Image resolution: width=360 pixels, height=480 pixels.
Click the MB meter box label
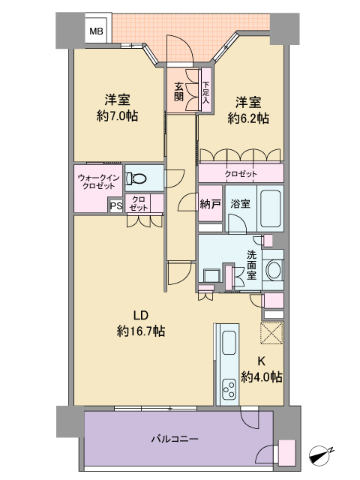tap(96, 31)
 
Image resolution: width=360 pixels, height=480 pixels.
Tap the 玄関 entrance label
tap(178, 91)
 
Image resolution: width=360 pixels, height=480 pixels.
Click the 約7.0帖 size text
tap(117, 116)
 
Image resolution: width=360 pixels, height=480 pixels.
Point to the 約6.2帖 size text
tap(248, 118)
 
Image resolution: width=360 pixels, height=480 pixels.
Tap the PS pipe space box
tap(116, 205)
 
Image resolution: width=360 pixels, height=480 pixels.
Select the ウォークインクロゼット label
tap(98, 181)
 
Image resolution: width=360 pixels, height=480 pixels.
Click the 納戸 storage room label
tap(210, 204)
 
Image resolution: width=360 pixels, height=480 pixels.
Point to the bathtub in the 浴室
tap(271, 208)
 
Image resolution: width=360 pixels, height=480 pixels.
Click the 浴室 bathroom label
tap(241, 204)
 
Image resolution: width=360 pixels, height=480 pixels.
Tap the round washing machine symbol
tap(273, 270)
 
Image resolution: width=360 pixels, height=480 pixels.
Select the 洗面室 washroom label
tap(252, 265)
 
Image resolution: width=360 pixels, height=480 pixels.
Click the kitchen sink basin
tap(228, 343)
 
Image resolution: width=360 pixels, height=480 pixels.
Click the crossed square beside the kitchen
tap(271, 333)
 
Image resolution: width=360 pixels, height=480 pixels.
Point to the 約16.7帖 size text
tap(141, 331)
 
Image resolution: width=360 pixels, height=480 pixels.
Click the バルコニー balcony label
tap(175, 439)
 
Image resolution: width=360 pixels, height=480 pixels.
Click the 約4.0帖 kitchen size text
tap(262, 376)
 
